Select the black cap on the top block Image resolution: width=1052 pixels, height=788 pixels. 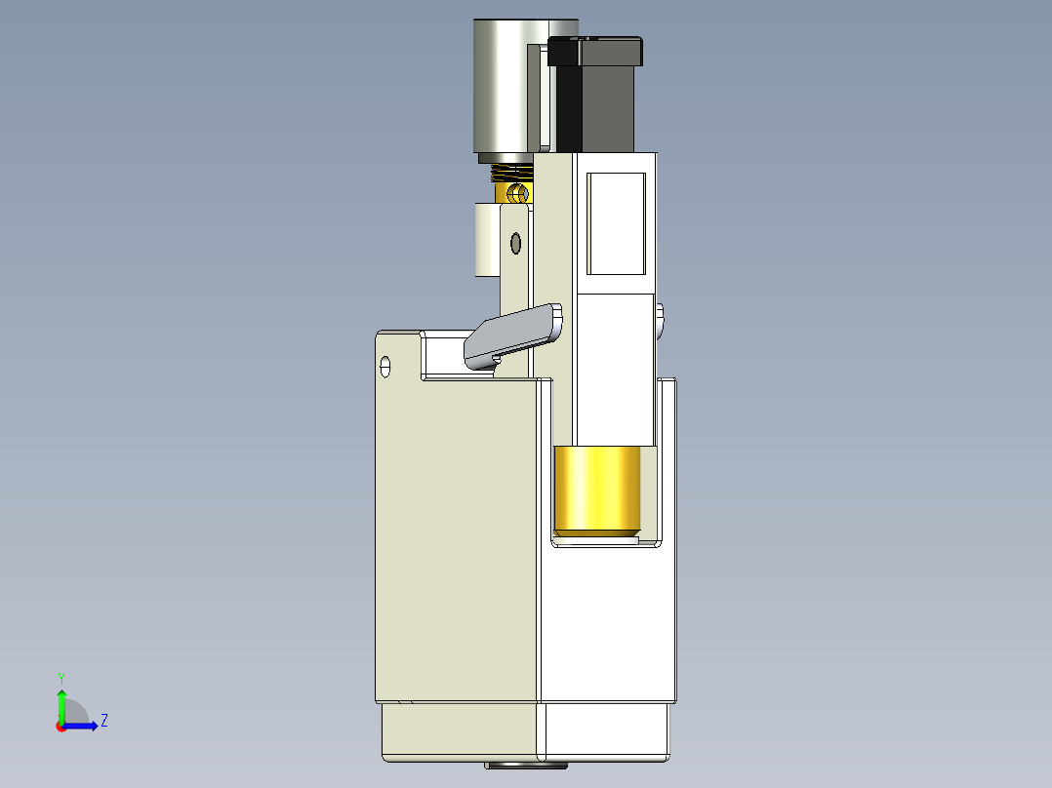(595, 51)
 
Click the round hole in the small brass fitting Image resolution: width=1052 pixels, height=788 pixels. (517, 193)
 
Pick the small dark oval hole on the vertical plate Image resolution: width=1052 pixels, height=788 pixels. (516, 242)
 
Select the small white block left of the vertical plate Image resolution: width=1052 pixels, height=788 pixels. (486, 239)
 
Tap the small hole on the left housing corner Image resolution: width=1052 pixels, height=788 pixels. (385, 367)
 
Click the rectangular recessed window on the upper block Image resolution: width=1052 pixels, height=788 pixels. (616, 222)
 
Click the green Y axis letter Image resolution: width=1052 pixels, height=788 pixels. (61, 677)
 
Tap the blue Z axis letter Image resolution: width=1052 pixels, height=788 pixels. (103, 721)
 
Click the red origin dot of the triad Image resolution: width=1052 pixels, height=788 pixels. (61, 726)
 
